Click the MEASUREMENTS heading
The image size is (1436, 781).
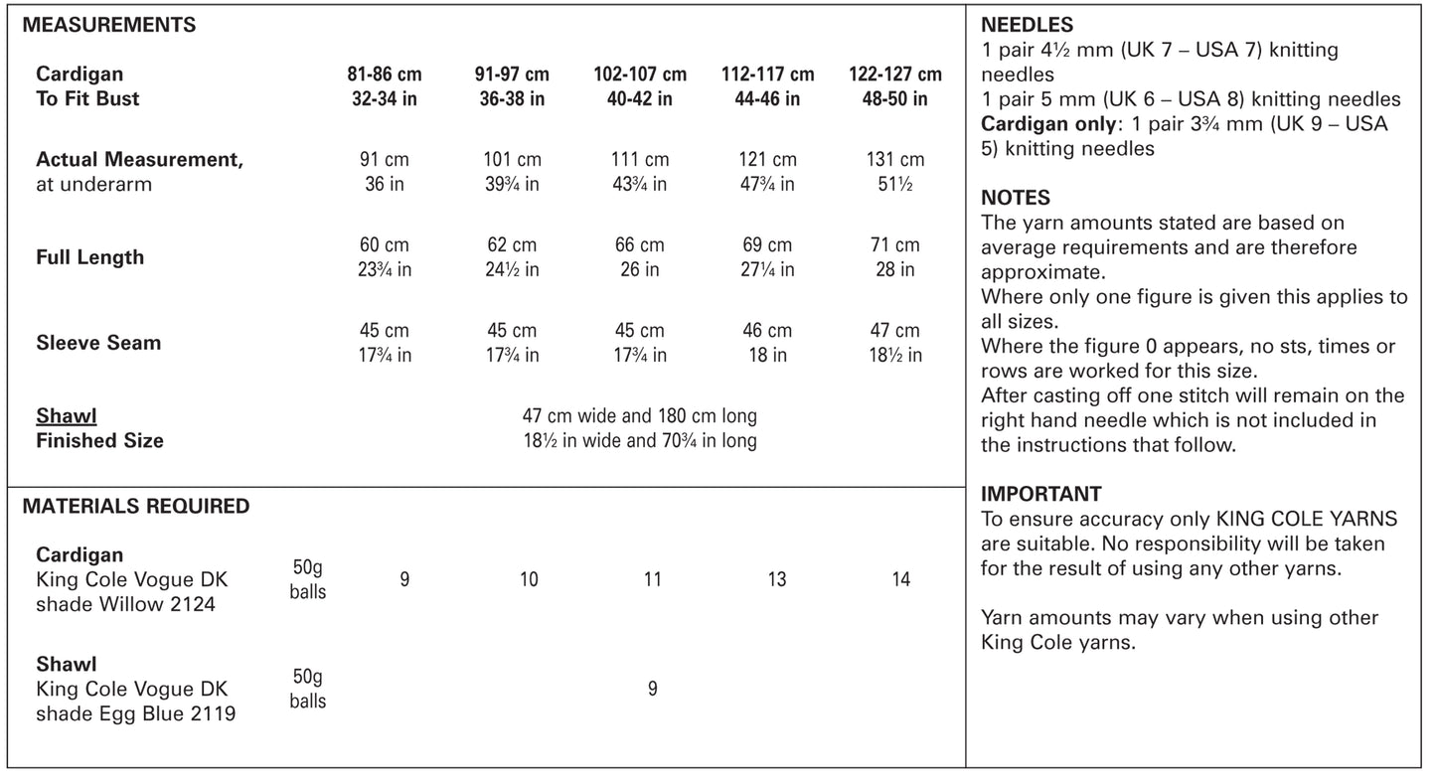(108, 26)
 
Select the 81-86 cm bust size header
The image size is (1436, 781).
(384, 75)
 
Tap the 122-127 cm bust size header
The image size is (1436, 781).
(895, 75)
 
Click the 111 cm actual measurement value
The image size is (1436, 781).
(639, 160)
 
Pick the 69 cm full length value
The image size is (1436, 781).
(767, 245)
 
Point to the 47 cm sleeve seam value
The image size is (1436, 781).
(894, 331)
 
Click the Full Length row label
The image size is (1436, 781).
(90, 257)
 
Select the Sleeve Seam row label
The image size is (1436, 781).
(98, 343)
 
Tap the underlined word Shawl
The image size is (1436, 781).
(67, 416)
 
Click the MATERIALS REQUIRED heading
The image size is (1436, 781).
(136, 506)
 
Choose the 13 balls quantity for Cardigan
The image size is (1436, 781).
(777, 579)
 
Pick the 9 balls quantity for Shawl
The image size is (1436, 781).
(652, 689)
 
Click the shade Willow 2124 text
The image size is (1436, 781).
(125, 604)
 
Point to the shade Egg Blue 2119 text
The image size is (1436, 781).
(136, 713)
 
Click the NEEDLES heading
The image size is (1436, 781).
(1027, 26)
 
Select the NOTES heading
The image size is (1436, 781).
(1016, 198)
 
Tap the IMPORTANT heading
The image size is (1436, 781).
(1041, 494)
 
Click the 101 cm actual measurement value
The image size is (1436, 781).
(512, 160)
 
